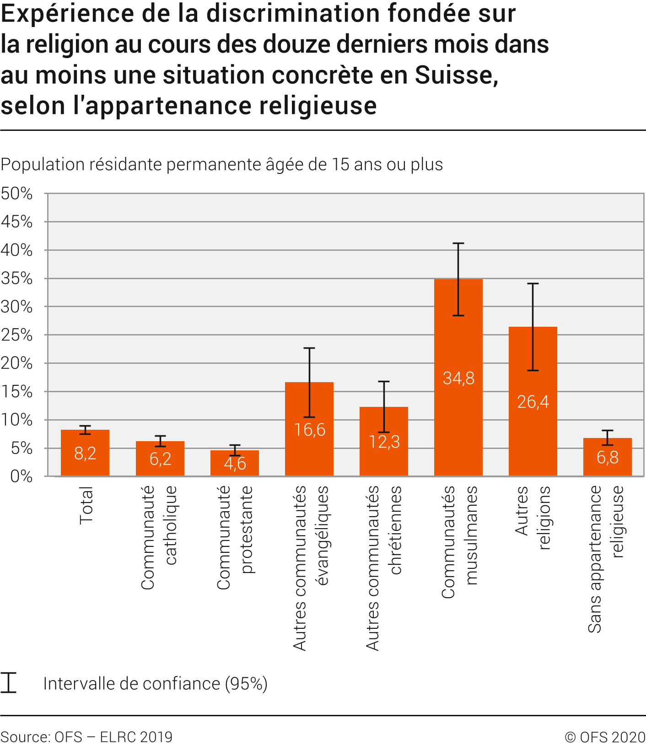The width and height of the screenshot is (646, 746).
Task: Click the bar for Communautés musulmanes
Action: tap(458, 412)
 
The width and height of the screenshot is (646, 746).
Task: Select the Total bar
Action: tap(85, 462)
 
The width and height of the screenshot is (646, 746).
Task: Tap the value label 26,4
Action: tap(533, 402)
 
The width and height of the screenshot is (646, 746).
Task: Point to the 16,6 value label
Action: tap(310, 430)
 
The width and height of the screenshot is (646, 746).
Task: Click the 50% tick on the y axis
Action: tap(17, 194)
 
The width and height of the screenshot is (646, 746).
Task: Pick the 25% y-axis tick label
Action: tap(17, 335)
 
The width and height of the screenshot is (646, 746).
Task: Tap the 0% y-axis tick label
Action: tap(22, 476)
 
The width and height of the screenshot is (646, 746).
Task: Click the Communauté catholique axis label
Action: tap(159, 538)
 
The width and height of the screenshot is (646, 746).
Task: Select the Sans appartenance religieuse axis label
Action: tap(606, 558)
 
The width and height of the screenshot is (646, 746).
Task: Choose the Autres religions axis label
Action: tap(533, 517)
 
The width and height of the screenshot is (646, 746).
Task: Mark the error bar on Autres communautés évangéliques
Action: tap(309, 382)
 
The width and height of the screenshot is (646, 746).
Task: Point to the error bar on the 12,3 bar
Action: tap(384, 406)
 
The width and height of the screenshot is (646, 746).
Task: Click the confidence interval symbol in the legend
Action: tap(9, 682)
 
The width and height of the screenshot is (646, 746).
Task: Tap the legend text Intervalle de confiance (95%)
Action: tap(155, 683)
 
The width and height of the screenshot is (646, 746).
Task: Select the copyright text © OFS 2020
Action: tap(605, 737)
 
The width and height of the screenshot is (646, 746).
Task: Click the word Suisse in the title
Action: tap(456, 76)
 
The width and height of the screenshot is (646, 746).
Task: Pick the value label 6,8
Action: tap(607, 457)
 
